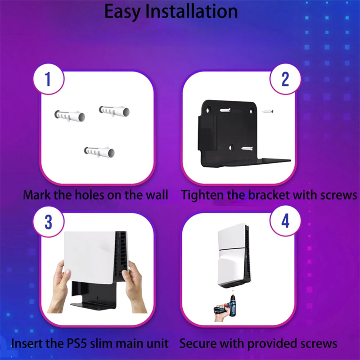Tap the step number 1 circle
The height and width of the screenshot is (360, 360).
[x=49, y=79]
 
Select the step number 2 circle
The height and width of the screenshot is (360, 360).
[x=285, y=79]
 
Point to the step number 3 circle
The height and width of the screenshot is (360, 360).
[x=49, y=221]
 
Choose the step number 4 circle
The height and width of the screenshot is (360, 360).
[x=285, y=221]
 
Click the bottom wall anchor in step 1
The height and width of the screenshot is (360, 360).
[x=99, y=152]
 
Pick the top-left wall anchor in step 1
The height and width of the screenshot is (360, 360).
[x=70, y=116]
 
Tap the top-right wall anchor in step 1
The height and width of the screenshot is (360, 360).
[x=114, y=111]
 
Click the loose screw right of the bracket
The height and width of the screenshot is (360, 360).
[x=268, y=111]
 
